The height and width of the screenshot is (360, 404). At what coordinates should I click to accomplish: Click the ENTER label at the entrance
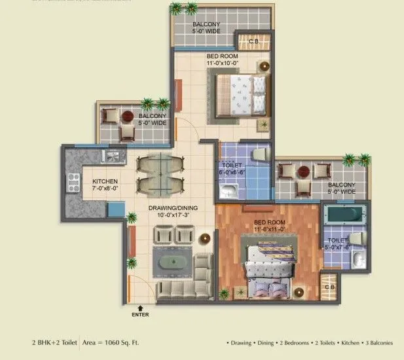pyautogui.click(x=139, y=315)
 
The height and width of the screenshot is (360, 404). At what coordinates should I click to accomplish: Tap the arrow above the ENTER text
pyautogui.click(x=139, y=307)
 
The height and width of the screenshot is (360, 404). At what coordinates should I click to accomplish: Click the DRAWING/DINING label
pyautogui.click(x=172, y=211)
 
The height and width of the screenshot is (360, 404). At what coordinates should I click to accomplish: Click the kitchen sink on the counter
pyautogui.click(x=111, y=157)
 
